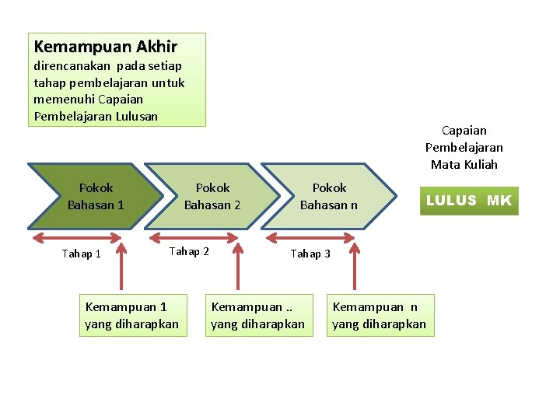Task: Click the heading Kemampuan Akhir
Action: click(x=105, y=47)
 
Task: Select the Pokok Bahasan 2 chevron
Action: click(x=212, y=196)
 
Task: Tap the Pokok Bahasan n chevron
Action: click(x=329, y=196)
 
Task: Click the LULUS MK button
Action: click(x=468, y=201)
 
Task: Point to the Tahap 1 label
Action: click(x=82, y=254)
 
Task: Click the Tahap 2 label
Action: click(x=189, y=251)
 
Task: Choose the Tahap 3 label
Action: click(x=310, y=254)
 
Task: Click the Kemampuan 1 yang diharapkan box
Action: click(x=131, y=315)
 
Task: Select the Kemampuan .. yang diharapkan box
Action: click(x=257, y=315)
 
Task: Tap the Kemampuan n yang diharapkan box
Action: click(x=379, y=315)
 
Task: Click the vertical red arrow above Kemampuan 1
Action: click(x=121, y=268)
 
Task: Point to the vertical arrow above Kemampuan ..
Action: click(x=238, y=268)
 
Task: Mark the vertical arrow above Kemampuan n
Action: click(x=355, y=268)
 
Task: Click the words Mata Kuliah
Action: click(x=464, y=164)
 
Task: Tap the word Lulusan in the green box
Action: click(x=136, y=117)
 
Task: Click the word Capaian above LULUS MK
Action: click(x=464, y=131)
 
